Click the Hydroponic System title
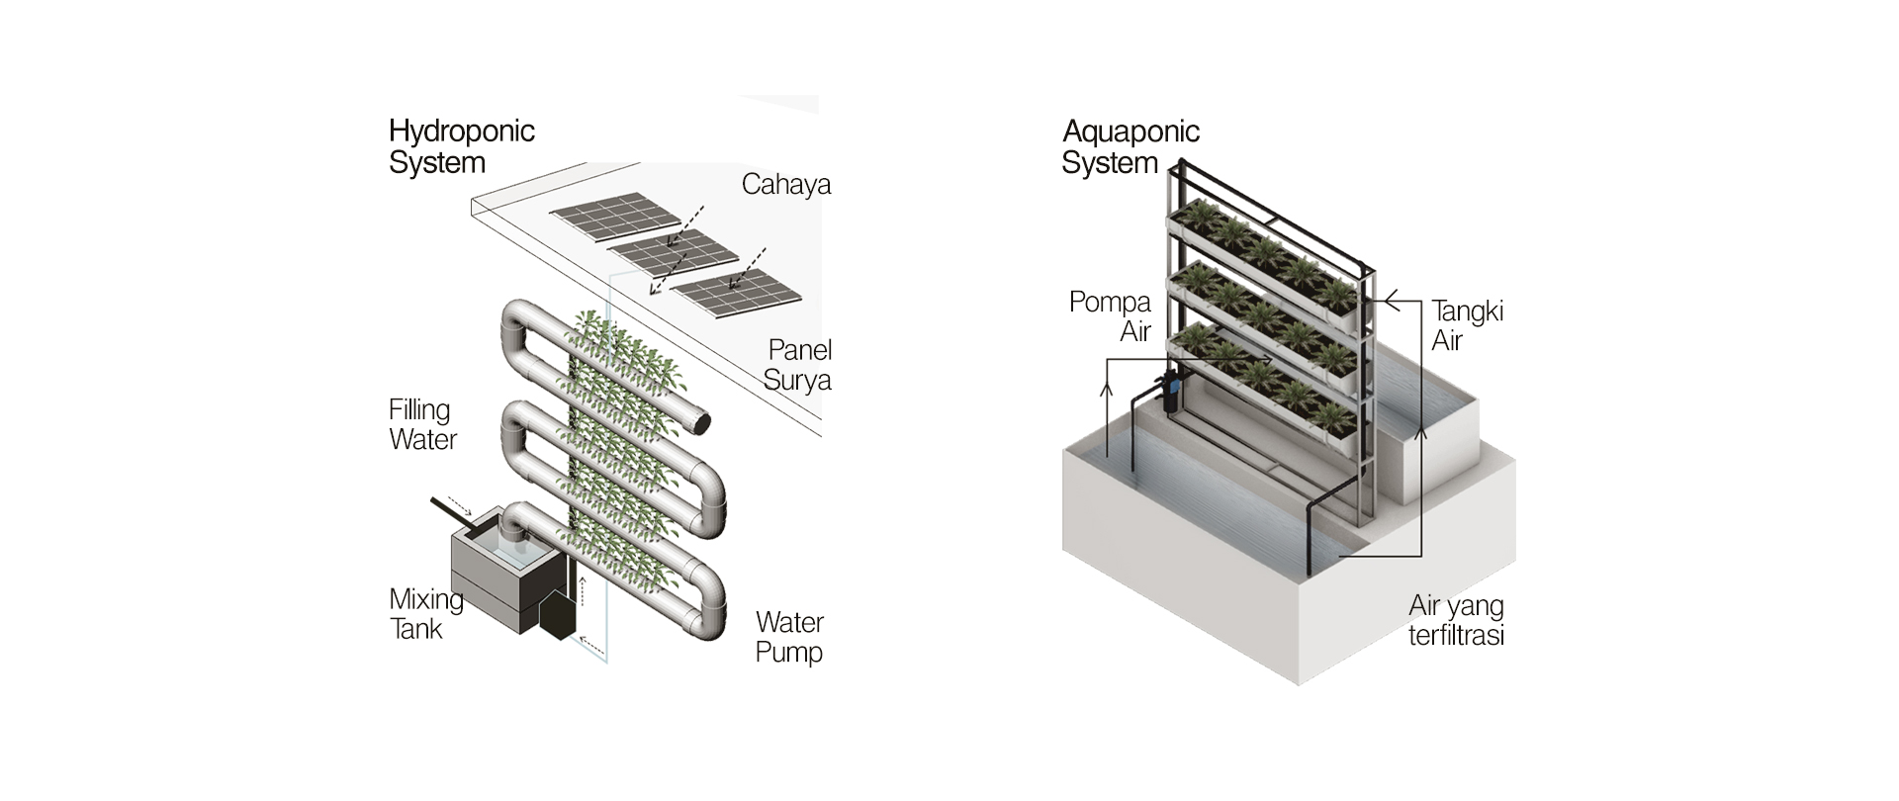pos(461,146)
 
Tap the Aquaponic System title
pos(1130,146)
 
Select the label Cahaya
pos(786,185)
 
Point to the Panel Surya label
pos(797,365)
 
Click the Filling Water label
pos(422,424)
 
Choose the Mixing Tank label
pos(425,613)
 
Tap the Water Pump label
pos(789,637)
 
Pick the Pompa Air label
pos(1111,315)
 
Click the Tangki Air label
pos(1467,325)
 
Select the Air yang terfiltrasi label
pos(1456,620)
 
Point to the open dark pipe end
pos(699,423)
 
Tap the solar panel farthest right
pos(738,295)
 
